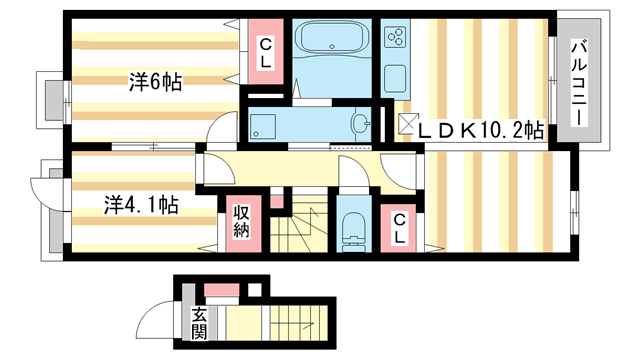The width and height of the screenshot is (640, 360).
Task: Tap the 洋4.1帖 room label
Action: tap(142, 205)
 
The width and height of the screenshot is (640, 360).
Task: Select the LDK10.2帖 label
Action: tap(480, 129)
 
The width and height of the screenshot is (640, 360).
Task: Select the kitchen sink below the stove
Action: tap(394, 76)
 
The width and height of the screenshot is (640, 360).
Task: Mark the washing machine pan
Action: tap(266, 126)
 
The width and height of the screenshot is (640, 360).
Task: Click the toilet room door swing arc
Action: tap(352, 172)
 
